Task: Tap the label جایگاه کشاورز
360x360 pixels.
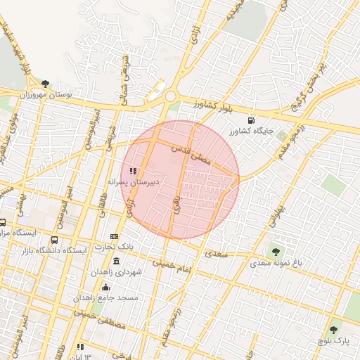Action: coord(252,131)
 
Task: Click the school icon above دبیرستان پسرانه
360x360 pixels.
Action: coord(134,171)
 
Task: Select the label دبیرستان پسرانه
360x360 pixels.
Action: coord(134,181)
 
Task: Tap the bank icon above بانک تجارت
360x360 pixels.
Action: coord(115,237)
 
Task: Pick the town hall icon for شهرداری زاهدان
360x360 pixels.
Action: coord(116,262)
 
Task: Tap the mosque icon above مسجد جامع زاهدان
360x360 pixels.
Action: coord(105,287)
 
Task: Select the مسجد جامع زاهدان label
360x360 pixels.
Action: coord(106,298)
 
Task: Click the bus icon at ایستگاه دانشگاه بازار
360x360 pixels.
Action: coord(56,240)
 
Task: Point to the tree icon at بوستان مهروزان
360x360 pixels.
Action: coord(46,84)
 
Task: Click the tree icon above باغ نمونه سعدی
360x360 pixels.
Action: coord(275,251)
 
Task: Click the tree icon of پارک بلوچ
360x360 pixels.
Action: coord(334,329)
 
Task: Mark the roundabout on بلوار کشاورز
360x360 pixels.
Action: coord(170,97)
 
